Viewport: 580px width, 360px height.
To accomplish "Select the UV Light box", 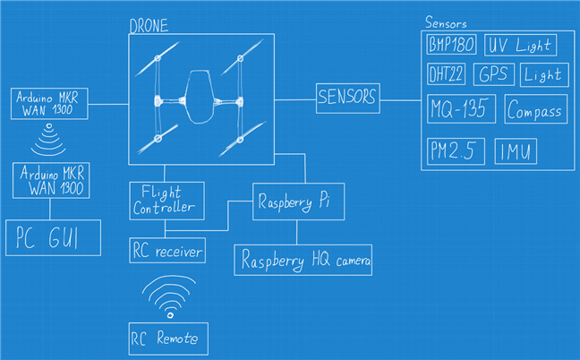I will (519, 45).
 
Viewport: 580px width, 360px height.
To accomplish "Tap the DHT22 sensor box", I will (445, 75).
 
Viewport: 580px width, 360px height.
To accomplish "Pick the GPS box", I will (494, 75).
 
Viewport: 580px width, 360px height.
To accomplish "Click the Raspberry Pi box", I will (287, 201).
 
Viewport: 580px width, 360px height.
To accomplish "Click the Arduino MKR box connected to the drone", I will (50, 104).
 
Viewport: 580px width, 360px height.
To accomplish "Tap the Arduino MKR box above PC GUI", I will (50, 180).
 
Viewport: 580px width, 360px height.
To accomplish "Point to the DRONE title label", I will (149, 26).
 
